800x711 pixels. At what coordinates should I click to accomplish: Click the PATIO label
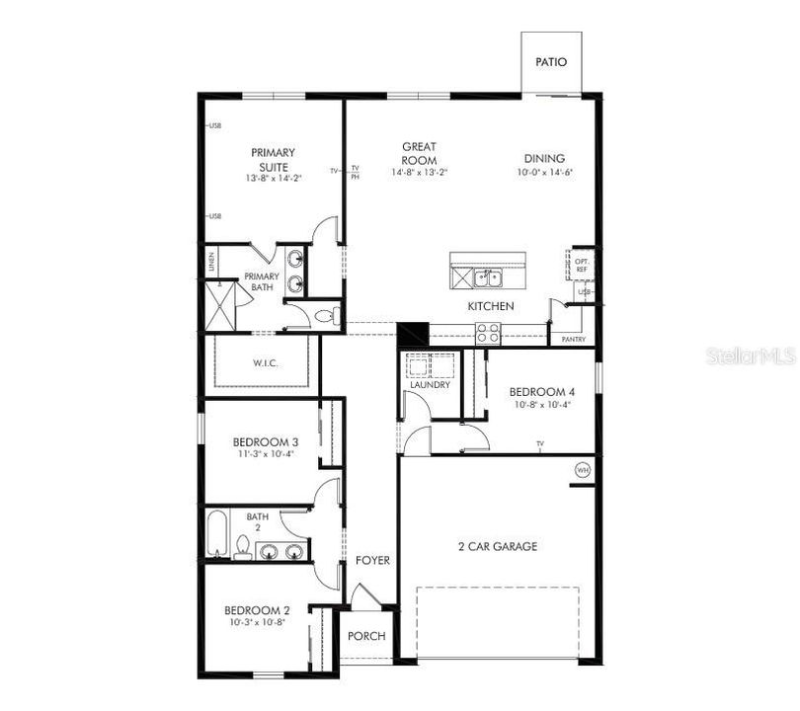[551, 61]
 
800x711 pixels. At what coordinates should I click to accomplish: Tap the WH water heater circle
[582, 470]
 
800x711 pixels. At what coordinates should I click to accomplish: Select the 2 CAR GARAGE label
[498, 546]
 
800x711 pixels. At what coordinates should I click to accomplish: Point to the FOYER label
[372, 561]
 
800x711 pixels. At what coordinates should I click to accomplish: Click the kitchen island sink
[486, 277]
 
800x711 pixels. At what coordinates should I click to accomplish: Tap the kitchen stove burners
[488, 334]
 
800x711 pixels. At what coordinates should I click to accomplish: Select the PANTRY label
[573, 340]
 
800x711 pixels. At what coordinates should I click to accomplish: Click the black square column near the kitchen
[412, 334]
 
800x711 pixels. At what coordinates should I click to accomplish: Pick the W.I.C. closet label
[265, 363]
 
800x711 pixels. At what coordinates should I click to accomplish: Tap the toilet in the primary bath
[326, 317]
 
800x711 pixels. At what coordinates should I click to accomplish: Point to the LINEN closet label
[211, 263]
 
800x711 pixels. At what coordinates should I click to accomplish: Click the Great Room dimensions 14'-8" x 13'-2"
[419, 173]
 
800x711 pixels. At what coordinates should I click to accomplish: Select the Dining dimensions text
[544, 173]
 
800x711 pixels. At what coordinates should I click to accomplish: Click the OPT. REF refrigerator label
[582, 266]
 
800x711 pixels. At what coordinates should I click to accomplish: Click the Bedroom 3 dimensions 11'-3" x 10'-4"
[266, 455]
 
